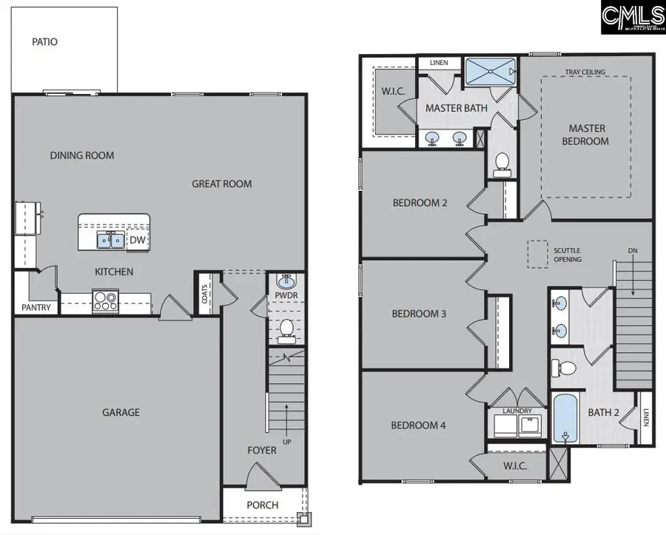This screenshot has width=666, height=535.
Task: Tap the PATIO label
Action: [x=44, y=42]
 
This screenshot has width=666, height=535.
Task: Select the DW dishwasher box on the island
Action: [x=137, y=240]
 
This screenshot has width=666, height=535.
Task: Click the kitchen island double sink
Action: [x=112, y=240]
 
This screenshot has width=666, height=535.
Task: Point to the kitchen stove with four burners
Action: [x=105, y=302]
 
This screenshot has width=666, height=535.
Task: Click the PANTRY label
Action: [x=36, y=307]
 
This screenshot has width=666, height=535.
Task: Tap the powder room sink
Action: [x=286, y=283]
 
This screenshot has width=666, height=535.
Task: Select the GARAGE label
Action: [x=121, y=412]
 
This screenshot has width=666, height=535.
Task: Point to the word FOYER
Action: [x=262, y=450]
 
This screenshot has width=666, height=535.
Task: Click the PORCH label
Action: [x=262, y=505]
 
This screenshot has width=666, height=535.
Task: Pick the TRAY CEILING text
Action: [x=585, y=72]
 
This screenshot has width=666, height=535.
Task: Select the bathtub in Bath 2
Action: [x=565, y=419]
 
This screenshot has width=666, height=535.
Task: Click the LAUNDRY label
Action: [x=517, y=411]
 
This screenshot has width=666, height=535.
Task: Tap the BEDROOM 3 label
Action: [x=419, y=314]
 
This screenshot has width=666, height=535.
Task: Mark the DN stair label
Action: [x=632, y=251]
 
